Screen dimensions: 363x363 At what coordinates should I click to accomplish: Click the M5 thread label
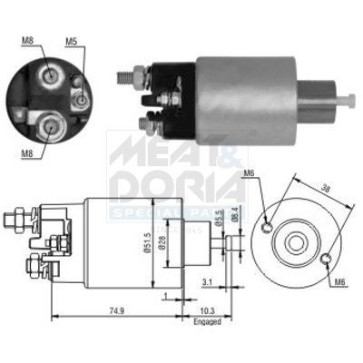coord(72,40)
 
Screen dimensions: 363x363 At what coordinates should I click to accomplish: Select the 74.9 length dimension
coord(113,311)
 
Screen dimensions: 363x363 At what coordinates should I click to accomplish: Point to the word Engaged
coord(207,321)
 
